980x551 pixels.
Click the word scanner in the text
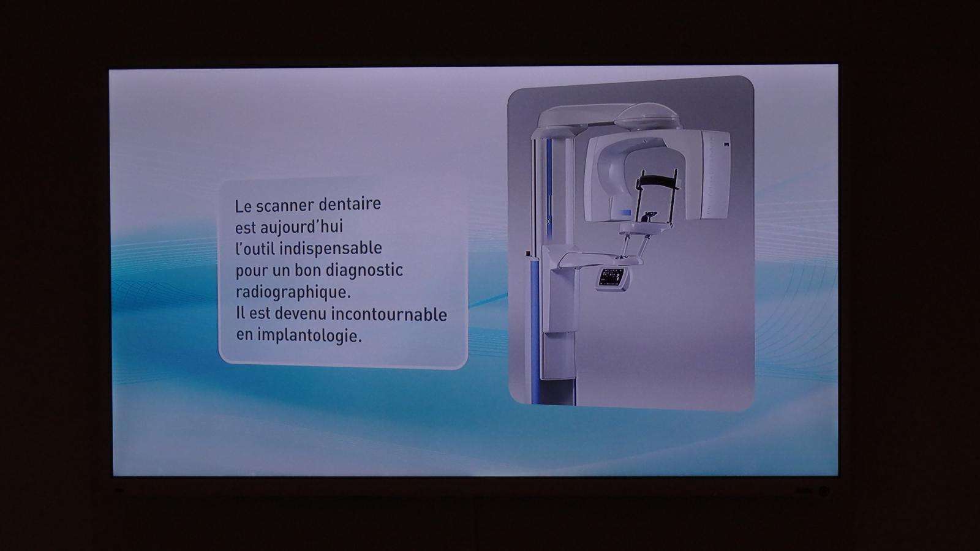click(x=285, y=206)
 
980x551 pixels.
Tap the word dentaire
click(x=350, y=204)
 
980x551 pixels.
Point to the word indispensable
click(x=330, y=249)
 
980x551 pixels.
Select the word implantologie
click(x=309, y=336)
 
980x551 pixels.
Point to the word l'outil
click(x=255, y=249)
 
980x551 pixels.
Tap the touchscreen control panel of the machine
click(x=612, y=278)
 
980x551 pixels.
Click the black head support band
click(x=658, y=180)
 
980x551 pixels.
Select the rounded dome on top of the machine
click(x=647, y=115)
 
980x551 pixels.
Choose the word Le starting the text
click(x=243, y=206)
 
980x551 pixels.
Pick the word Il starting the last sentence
click(x=239, y=313)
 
